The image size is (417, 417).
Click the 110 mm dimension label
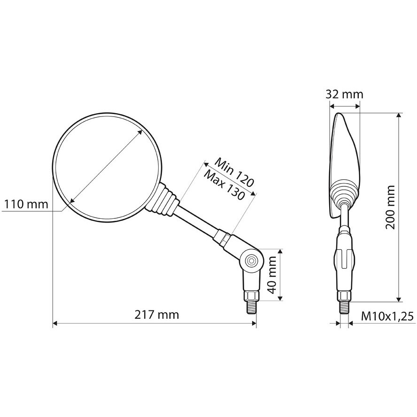coord(26,204)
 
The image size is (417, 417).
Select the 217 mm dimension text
coord(157,315)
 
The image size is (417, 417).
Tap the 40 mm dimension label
coord(272,275)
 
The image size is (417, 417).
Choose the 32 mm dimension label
coord(344,94)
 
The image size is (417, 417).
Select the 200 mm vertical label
coord(390,207)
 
